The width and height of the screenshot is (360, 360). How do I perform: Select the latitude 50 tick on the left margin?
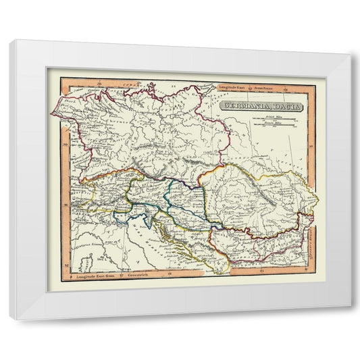coord(64,144)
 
